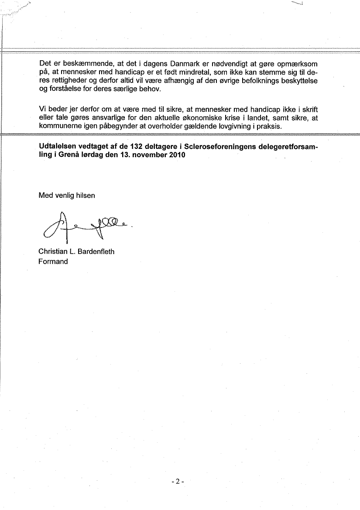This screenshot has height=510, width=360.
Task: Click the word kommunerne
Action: pos(58,126)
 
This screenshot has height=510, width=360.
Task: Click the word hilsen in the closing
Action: pos(86,196)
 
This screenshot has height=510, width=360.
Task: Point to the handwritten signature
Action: pos(85,226)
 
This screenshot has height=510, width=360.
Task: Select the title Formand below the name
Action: pos(53,262)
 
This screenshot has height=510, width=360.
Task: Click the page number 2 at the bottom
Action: pos(178,482)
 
